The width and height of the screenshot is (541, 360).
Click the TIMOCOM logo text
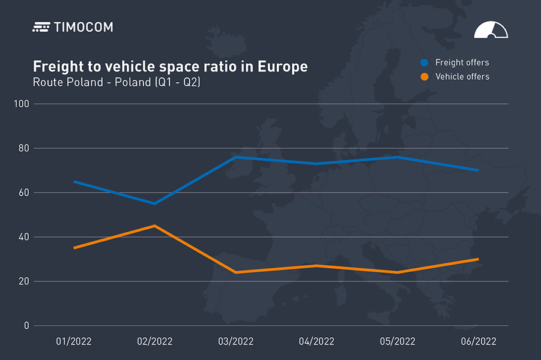point(83,27)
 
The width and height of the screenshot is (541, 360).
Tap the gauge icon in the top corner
point(491,31)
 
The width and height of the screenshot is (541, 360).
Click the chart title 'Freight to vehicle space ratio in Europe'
point(170,67)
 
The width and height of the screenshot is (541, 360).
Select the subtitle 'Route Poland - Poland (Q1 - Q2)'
point(116,82)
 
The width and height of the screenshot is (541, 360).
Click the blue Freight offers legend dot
point(425,62)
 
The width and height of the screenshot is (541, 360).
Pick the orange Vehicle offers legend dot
point(425,77)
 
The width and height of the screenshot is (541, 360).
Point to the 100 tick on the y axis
point(22,104)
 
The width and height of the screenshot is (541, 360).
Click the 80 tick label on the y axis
point(23,148)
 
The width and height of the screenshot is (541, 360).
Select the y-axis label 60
point(23,193)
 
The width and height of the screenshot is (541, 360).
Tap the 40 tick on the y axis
point(23,237)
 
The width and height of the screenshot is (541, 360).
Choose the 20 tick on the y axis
point(23,281)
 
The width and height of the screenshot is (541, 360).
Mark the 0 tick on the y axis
point(26,326)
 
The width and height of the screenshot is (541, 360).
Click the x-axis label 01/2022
point(74,341)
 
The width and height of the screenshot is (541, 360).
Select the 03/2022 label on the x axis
point(235,341)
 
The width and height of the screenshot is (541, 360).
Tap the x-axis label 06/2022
point(479,341)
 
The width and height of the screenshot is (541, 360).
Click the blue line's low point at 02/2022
point(154,203)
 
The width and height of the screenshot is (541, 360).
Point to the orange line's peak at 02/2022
point(155,226)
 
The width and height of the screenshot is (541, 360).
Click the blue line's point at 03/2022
point(235,157)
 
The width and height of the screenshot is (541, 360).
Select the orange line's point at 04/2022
point(316,266)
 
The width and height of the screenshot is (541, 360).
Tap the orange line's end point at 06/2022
point(478,259)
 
